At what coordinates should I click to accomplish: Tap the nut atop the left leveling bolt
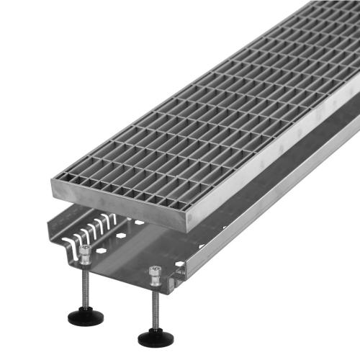[86, 253]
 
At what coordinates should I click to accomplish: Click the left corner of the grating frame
[53, 181]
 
